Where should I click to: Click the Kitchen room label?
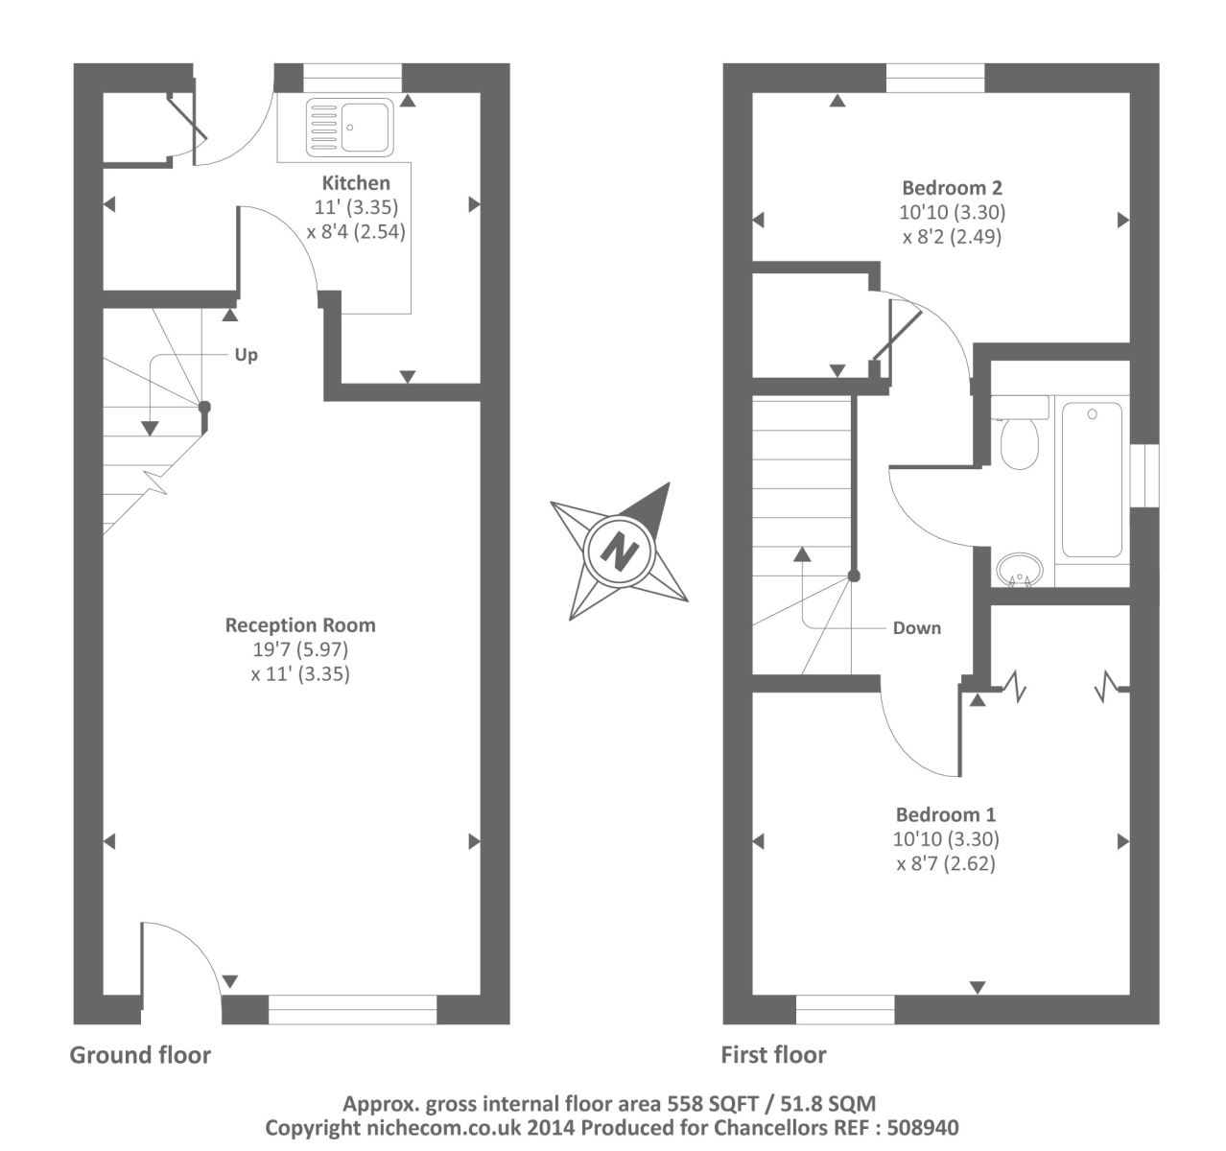coord(356,183)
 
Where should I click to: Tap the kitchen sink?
coord(349,128)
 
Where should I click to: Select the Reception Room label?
coord(300,625)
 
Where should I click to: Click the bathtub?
coord(1092,480)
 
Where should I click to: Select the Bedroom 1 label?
coord(945,815)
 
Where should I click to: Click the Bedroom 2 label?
coord(953,188)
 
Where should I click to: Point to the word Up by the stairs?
coord(247,355)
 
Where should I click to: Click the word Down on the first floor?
coord(916,628)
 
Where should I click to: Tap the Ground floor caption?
coord(140,1055)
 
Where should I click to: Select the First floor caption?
coord(773,1055)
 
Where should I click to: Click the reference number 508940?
coord(925,1127)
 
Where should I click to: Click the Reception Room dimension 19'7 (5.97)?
coord(300,649)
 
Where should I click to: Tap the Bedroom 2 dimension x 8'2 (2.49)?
coord(952,236)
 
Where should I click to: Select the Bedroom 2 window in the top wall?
coord(934,79)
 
